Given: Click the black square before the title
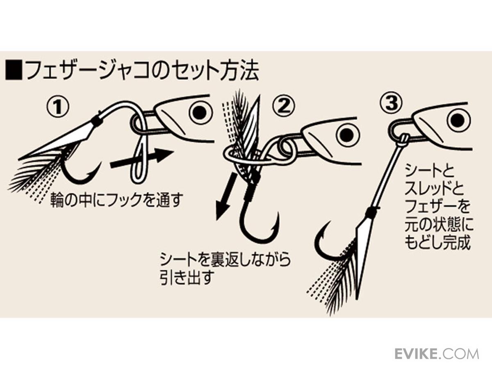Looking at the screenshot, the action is pyautogui.click(x=14, y=69).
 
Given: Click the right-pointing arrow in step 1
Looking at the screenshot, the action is pyautogui.click(x=142, y=160).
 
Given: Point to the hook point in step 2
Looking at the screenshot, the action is pyautogui.click(x=278, y=213).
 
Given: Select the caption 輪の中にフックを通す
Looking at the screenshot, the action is pyautogui.click(x=116, y=200).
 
